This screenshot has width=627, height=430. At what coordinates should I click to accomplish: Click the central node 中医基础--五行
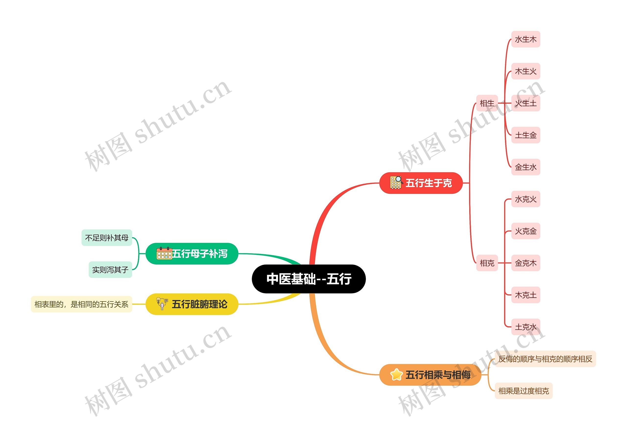pyautogui.click(x=308, y=279)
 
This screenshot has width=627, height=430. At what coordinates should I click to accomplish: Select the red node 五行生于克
pyautogui.click(x=421, y=183)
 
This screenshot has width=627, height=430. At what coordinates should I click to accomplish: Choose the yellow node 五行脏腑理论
pyautogui.click(x=192, y=304)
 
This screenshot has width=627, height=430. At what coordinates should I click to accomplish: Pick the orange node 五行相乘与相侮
pyautogui.click(x=430, y=375)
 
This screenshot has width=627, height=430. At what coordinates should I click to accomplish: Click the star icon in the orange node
pyautogui.click(x=396, y=375)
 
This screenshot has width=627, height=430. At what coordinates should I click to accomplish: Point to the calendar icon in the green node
pyautogui.click(x=164, y=253)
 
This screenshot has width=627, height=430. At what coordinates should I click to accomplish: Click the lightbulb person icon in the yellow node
pyautogui.click(x=162, y=304)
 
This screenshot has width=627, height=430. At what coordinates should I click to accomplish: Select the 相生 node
pyautogui.click(x=487, y=103)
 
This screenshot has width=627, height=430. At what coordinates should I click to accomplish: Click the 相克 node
pyautogui.click(x=487, y=263)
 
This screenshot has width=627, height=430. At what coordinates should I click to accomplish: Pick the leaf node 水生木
pyautogui.click(x=526, y=39)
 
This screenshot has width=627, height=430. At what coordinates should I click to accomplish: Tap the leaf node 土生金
pyautogui.click(x=526, y=135)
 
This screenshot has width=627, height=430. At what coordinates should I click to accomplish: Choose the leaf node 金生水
pyautogui.click(x=526, y=167)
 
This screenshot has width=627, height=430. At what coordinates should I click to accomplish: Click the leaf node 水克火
pyautogui.click(x=526, y=199)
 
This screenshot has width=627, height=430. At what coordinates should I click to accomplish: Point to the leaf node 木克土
pyautogui.click(x=526, y=295)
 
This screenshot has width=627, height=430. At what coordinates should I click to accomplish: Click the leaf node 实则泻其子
pyautogui.click(x=110, y=270)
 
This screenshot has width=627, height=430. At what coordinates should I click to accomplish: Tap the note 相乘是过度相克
pyautogui.click(x=523, y=391)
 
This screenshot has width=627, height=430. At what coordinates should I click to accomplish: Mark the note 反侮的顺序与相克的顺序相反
pyautogui.click(x=545, y=359)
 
